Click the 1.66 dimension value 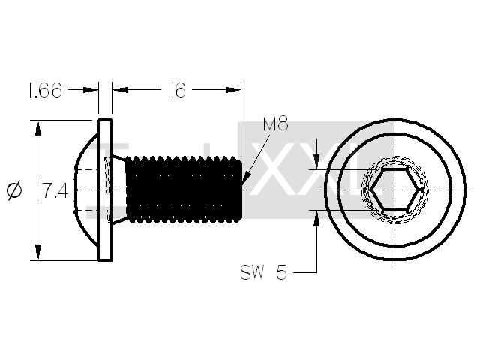coord(45,90)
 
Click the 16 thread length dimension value coord(177,90)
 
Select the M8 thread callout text coord(275,124)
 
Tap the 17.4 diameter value coord(52,190)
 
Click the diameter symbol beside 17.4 coord(14,190)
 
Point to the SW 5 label coord(264,271)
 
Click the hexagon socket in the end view coord(395,190)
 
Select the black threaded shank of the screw coord(184,190)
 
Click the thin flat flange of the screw coord(105,190)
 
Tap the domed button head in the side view coord(85,190)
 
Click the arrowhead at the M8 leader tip coord(247,178)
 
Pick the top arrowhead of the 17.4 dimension coord(38,128)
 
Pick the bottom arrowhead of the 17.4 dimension coord(38,252)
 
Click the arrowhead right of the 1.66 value coord(90,90)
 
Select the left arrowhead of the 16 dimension coord(120,90)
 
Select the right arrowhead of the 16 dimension coord(233,90)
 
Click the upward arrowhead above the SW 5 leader coord(316,218)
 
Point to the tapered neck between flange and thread coord(118,190)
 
